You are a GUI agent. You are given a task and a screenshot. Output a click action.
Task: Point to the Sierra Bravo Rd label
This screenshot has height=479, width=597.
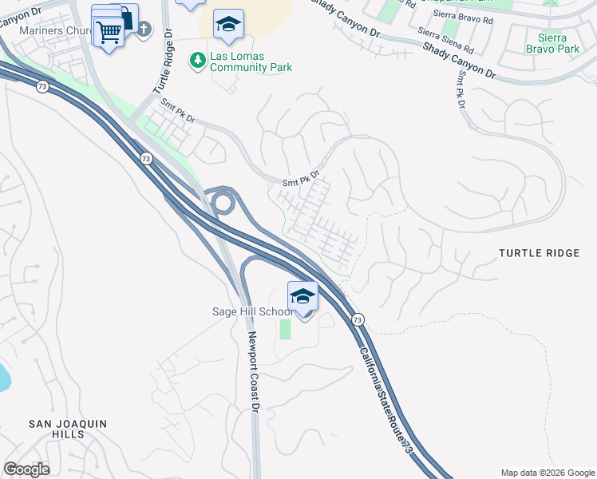tap(463, 15)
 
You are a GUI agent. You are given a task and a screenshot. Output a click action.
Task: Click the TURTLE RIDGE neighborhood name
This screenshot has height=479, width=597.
tap(539, 253)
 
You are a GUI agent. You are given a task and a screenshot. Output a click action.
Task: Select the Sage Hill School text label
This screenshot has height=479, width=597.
tap(248, 311)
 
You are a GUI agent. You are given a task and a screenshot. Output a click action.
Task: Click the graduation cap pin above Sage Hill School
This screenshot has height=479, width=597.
tap(302, 296)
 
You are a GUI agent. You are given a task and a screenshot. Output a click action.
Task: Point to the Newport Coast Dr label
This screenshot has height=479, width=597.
tap(254, 372)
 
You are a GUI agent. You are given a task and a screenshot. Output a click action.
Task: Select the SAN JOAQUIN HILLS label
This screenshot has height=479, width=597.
tap(56, 429)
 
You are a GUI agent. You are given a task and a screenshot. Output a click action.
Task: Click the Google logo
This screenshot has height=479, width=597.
tap(26, 469)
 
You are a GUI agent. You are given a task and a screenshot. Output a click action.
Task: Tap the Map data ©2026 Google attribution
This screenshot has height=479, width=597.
tap(547, 473)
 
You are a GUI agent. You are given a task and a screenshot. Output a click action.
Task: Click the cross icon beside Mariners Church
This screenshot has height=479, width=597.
tap(144, 30)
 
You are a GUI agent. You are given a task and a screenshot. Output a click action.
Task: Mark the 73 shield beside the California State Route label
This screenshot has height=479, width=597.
tap(358, 319)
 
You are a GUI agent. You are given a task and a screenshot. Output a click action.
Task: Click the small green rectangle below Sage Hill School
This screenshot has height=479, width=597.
tap(285, 328)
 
